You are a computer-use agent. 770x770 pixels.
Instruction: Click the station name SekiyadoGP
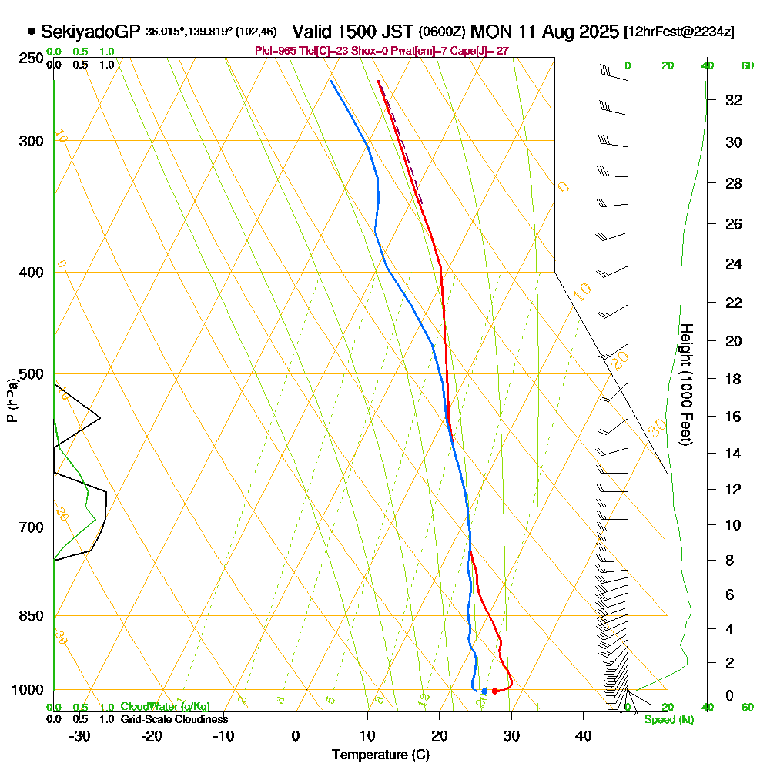point(90,32)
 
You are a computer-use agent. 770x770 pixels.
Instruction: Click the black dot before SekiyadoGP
point(32,32)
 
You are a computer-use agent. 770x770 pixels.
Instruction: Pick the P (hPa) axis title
point(12,400)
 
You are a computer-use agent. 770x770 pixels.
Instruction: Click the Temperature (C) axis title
point(380,755)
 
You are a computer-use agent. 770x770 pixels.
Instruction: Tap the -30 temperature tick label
point(79,735)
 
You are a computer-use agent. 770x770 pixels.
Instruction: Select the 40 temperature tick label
point(583,735)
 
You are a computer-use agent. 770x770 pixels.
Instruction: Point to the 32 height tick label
point(734,100)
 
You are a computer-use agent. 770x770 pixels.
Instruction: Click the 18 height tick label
point(734,379)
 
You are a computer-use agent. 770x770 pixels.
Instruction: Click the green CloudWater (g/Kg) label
point(165,707)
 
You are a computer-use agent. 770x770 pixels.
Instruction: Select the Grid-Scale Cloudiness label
point(174,719)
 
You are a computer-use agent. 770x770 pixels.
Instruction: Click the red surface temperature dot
point(494,691)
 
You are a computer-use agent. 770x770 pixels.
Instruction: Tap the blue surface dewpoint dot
point(484,691)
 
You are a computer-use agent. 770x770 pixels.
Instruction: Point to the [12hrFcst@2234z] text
point(680,32)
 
